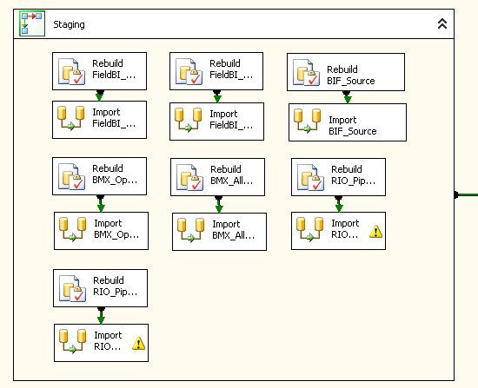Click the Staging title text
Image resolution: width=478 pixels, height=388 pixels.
69,24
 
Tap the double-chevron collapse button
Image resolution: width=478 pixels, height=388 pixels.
442,23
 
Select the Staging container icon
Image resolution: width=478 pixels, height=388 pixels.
32,23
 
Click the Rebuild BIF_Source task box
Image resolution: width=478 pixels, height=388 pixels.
346,72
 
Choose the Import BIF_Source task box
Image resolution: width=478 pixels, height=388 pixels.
348,122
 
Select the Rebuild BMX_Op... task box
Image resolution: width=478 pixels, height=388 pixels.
99,176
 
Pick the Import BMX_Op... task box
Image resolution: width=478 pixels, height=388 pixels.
101,231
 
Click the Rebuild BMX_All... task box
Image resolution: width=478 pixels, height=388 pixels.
217,177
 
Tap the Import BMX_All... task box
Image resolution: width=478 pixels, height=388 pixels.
219,232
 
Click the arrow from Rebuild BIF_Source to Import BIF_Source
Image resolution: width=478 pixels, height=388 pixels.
347,97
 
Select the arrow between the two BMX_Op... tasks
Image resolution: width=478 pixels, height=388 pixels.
101,203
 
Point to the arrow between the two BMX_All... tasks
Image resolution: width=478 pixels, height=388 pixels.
219,204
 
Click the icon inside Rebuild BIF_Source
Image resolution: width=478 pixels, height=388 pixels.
306,72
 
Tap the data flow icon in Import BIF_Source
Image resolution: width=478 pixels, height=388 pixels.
308,121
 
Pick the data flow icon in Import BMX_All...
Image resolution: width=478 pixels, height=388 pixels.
191,230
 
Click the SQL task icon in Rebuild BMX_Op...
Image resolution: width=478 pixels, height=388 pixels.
71,176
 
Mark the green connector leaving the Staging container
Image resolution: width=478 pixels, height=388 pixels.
466,194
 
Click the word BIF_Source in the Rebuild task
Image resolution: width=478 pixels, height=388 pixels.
351,81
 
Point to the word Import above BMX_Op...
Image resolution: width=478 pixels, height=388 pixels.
108,223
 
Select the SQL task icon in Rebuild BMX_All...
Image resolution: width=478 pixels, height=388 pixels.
189,177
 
